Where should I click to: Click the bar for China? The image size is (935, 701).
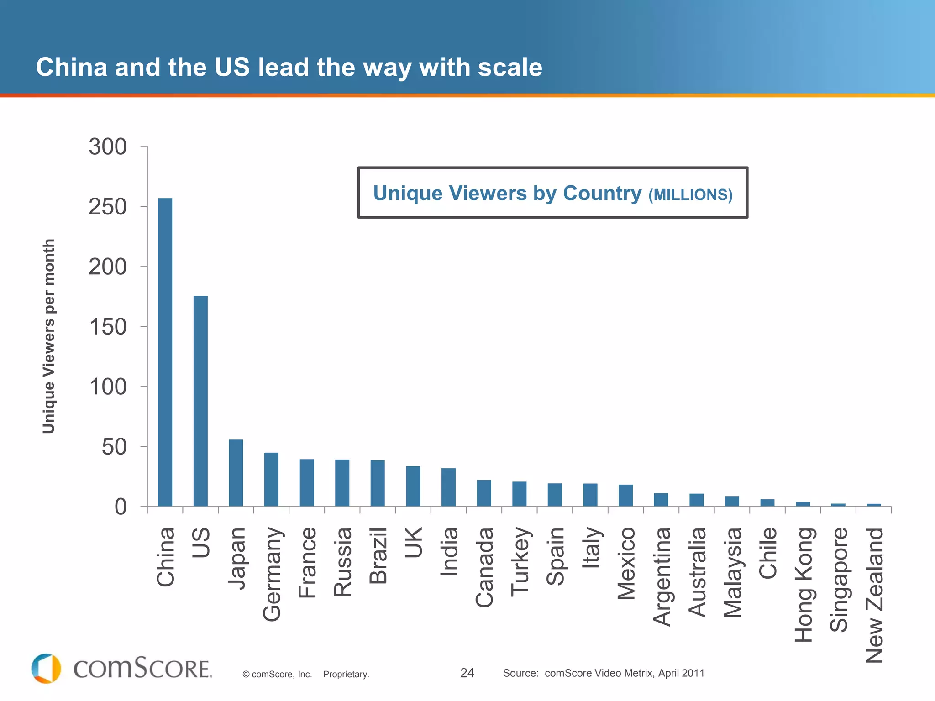[x=165, y=352]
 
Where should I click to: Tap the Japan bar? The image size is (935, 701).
[x=236, y=473]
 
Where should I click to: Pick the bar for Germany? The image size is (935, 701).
[x=271, y=479]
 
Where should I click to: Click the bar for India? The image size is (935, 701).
[x=448, y=487]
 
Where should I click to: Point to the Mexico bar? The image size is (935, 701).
[x=625, y=495]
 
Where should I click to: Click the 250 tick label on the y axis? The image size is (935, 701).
[x=108, y=207]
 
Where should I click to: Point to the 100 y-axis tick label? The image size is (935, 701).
[x=108, y=387]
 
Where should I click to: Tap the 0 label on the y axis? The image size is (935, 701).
[x=120, y=507]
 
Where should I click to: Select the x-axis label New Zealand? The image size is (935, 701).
[x=875, y=595]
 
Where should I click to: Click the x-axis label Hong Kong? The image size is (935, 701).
[x=804, y=585]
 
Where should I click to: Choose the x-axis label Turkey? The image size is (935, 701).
[x=520, y=562]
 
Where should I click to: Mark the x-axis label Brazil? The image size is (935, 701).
[x=378, y=555]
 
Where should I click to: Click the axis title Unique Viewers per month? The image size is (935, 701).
[x=48, y=336]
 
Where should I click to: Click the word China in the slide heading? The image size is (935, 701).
[x=71, y=67]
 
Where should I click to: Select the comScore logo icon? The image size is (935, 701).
[x=46, y=668]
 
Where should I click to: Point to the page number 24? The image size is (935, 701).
[x=467, y=673]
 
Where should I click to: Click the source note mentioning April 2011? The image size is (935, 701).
[x=604, y=673]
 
